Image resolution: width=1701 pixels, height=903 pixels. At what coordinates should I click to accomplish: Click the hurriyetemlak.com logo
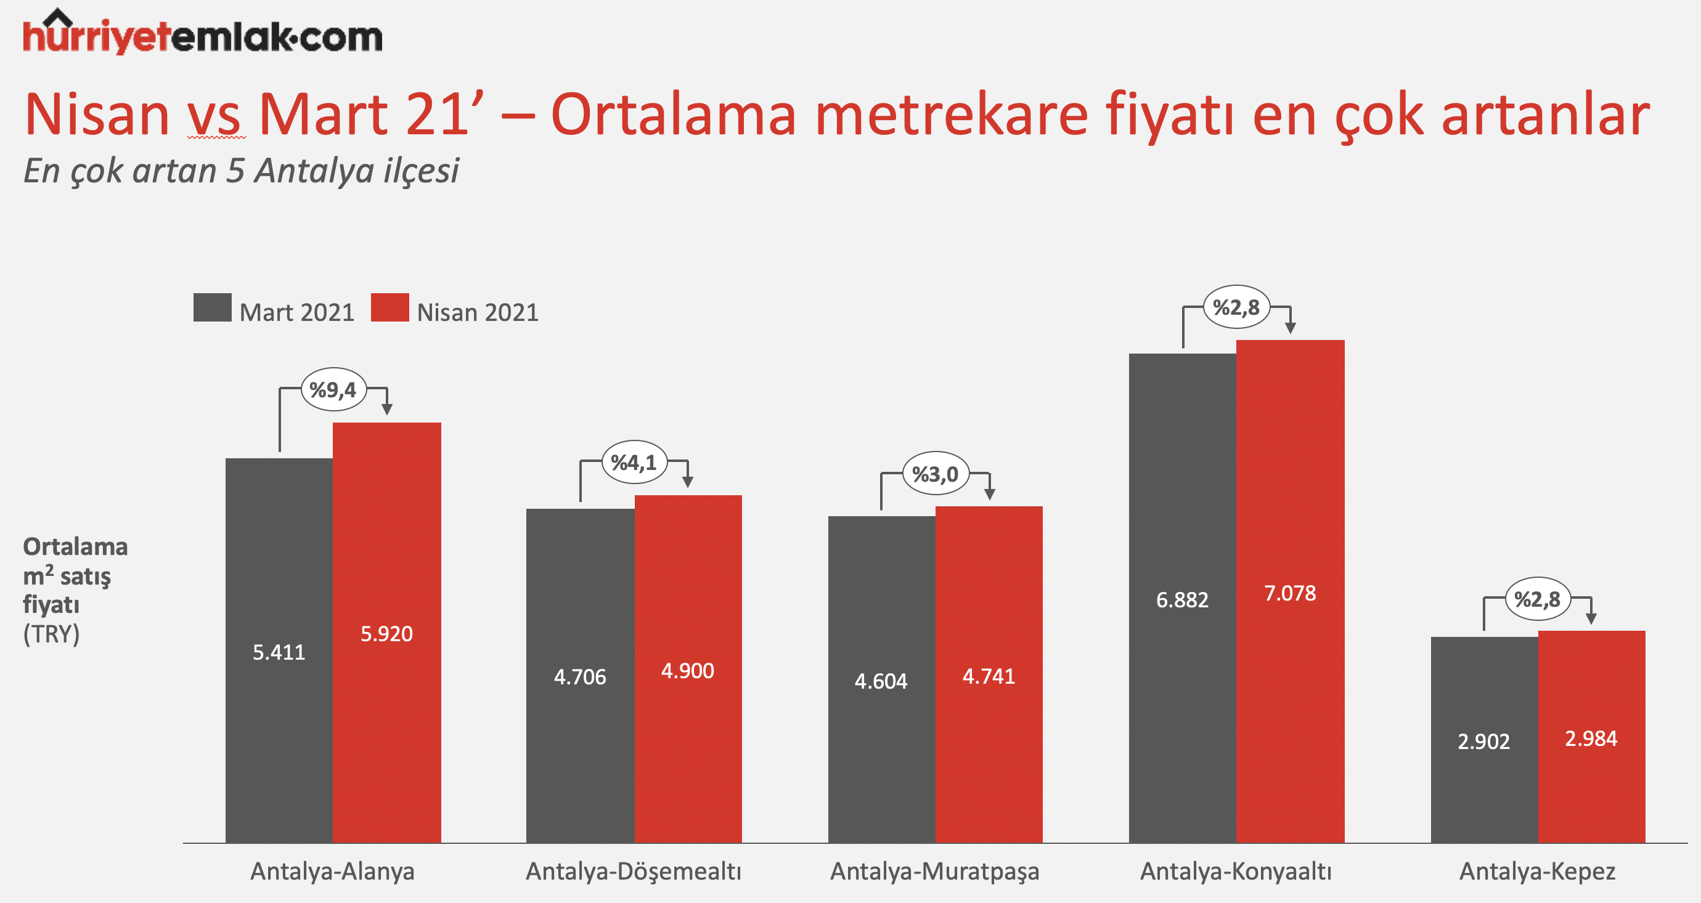203,33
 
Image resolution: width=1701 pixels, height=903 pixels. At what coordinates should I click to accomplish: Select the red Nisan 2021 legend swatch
390,307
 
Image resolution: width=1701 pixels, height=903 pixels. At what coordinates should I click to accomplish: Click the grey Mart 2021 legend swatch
212,307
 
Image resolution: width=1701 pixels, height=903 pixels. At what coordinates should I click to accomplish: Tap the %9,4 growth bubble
333,389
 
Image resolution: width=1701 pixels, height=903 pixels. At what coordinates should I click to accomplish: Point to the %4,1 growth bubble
634,462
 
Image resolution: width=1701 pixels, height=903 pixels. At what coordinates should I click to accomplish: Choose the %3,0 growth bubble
935,474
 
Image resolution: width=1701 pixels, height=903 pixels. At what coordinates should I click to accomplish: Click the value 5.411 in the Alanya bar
279,652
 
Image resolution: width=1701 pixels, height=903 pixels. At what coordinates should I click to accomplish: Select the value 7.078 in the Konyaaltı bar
1289,593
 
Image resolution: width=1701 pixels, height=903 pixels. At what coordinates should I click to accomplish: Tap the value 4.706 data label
580,676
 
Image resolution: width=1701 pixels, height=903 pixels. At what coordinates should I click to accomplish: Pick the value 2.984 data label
1591,738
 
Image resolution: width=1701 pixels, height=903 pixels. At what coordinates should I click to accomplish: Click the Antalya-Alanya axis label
332,872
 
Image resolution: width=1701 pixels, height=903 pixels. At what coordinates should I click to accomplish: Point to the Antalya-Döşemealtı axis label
634,872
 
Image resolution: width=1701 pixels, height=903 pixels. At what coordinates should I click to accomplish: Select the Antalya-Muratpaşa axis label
934,872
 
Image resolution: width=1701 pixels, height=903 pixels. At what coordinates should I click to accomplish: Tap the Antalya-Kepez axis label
1537,872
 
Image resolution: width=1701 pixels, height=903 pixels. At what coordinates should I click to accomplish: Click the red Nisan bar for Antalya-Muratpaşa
989,674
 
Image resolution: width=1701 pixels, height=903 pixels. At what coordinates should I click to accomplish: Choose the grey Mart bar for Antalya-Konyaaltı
1183,598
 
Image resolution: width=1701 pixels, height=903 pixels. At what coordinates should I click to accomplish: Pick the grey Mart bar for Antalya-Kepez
1485,740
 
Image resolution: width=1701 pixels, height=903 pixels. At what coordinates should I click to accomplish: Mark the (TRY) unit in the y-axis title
52,634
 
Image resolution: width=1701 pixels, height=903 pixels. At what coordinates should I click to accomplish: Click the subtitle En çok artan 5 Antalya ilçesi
241,171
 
